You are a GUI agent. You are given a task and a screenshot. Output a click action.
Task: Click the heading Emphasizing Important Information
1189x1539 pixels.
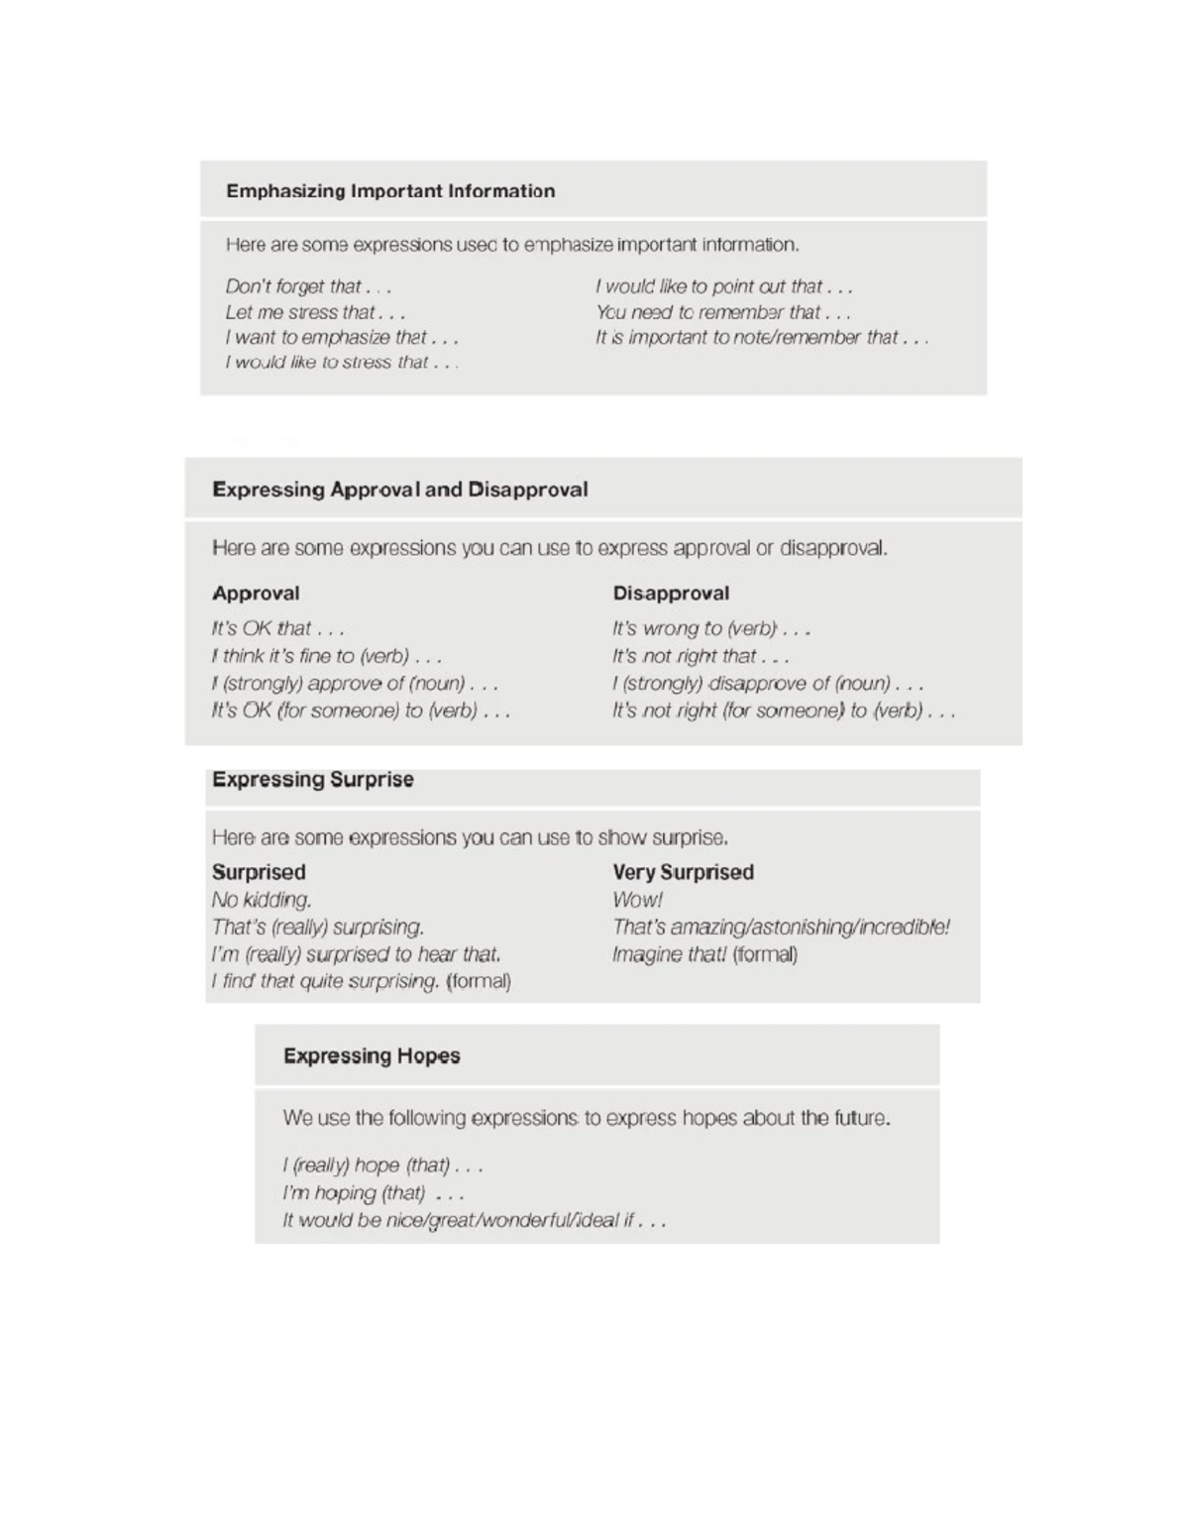click(390, 191)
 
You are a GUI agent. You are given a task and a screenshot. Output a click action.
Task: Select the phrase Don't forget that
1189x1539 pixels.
click(308, 287)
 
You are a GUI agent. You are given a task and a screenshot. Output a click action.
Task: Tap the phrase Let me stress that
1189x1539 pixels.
click(315, 312)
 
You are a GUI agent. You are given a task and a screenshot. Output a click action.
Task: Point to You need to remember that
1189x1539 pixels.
click(722, 312)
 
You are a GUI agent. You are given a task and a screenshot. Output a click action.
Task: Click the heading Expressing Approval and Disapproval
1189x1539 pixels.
click(399, 490)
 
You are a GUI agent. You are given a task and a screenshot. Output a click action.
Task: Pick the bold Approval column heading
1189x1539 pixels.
click(256, 594)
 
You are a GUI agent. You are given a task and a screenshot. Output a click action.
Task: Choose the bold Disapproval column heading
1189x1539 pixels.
click(671, 594)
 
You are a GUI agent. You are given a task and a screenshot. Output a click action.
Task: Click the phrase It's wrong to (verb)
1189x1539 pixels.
click(710, 628)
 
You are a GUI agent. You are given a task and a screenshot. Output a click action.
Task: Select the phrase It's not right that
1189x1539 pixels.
click(700, 656)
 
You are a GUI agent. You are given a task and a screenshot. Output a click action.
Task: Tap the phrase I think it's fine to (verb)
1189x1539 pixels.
click(326, 656)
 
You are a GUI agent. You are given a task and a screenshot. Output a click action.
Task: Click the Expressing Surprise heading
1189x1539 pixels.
click(312, 780)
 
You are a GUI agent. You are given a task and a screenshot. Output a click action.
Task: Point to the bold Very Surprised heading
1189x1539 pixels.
click(683, 872)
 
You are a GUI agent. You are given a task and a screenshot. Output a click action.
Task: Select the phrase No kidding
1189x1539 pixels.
click(262, 900)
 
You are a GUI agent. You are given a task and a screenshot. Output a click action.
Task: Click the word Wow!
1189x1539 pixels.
click(637, 900)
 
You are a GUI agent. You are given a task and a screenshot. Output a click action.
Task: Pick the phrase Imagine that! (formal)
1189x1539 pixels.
click(704, 954)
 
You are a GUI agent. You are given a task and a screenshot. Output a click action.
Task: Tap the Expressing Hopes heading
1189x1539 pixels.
click(372, 1056)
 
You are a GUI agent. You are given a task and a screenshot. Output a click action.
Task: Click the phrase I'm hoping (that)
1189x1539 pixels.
click(373, 1193)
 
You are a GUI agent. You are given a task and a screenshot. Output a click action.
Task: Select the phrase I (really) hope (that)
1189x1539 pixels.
click(382, 1165)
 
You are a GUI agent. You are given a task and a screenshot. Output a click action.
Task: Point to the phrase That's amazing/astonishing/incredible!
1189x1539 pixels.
click(781, 928)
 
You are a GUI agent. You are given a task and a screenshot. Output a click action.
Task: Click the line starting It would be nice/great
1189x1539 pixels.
click(474, 1220)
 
